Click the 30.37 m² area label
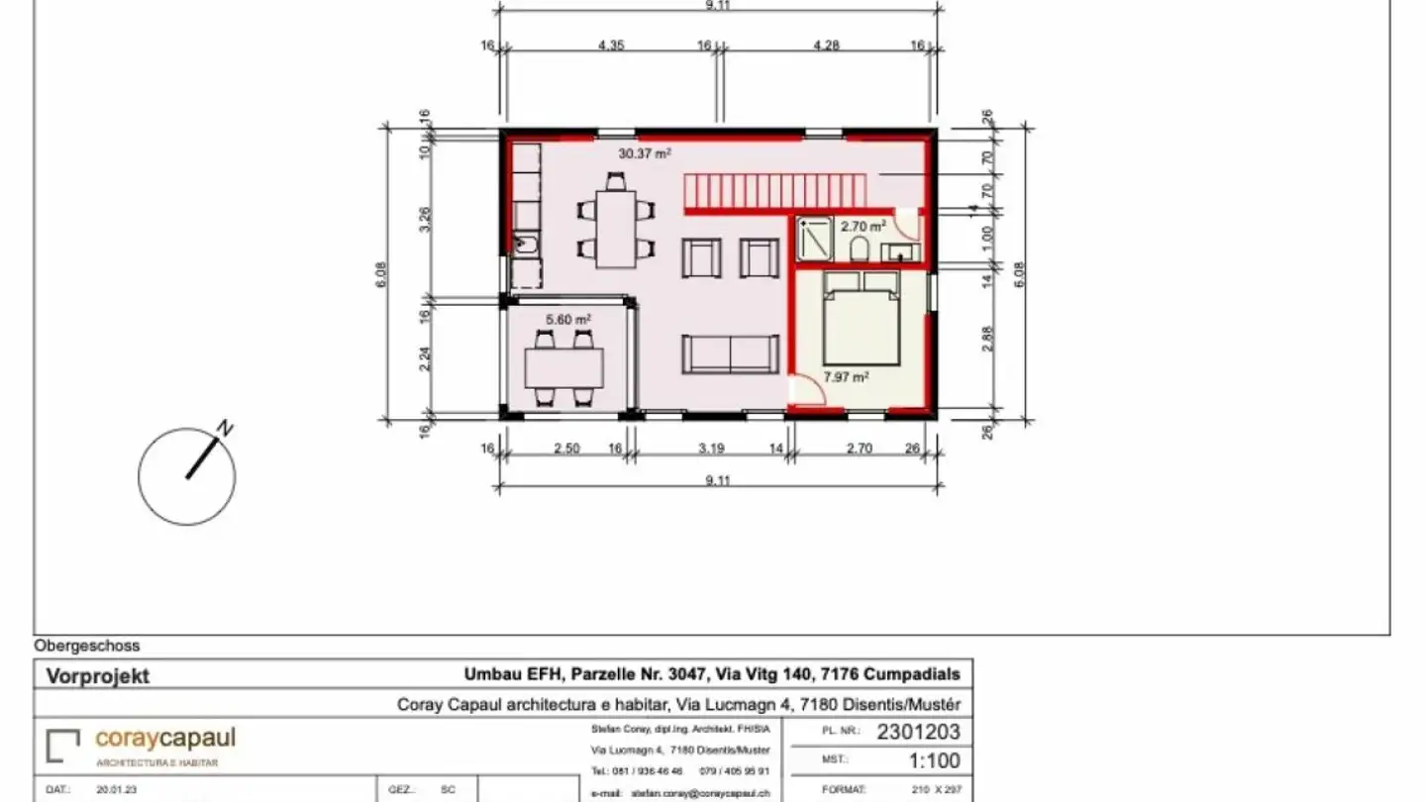click(645, 153)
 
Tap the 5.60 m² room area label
click(568, 319)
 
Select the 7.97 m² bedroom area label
click(847, 376)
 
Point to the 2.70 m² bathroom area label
click(863, 226)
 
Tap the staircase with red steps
click(773, 190)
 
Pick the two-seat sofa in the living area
click(730, 354)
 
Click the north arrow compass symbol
click(187, 475)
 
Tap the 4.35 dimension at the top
click(611, 45)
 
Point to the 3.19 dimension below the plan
click(711, 449)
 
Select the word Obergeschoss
click(87, 646)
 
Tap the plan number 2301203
click(918, 734)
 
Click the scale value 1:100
click(934, 761)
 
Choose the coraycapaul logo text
click(165, 739)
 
